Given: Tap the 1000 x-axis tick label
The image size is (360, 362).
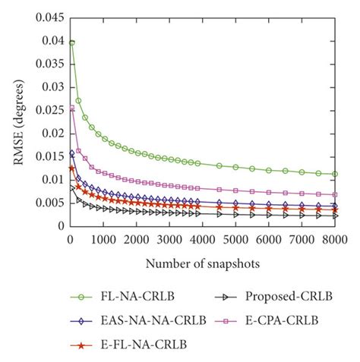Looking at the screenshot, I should pyautogui.click(x=103, y=239).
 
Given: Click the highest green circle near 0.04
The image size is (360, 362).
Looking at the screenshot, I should pyautogui.click(x=71, y=42).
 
